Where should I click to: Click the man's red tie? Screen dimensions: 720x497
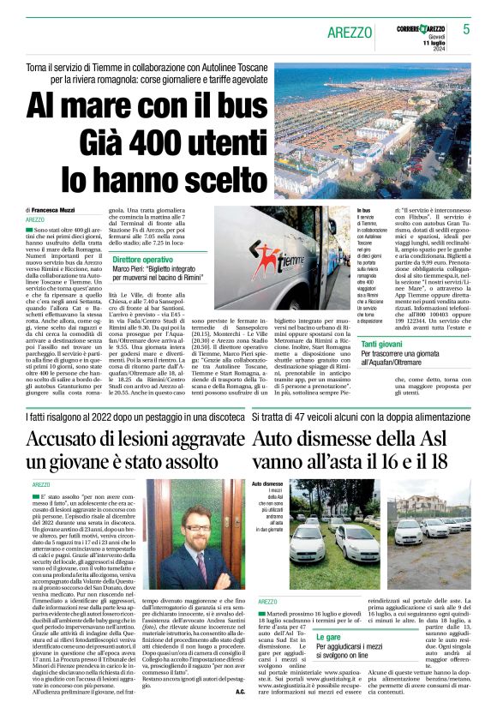[x=202, y=565]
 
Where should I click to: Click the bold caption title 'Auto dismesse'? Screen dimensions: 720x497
[x=266, y=484]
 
